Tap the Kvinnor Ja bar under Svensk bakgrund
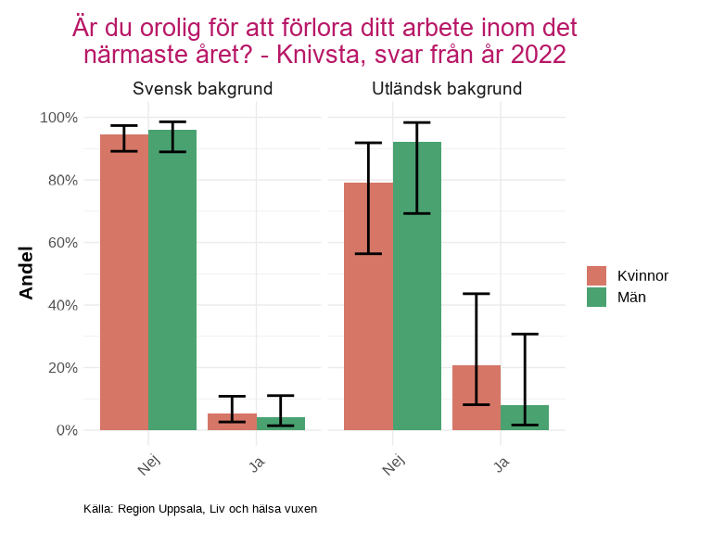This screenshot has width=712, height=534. [x=232, y=423]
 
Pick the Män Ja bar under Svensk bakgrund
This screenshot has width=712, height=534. [x=280, y=425]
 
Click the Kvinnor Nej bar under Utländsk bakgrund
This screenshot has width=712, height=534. [x=368, y=306]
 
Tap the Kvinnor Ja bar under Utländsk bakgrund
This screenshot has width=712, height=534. [x=477, y=398]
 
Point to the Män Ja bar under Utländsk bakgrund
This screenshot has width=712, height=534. [x=525, y=418]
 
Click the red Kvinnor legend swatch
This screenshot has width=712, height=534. [x=596, y=275]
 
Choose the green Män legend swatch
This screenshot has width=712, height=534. [x=596, y=297]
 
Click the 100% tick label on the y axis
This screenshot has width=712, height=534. [x=58, y=118]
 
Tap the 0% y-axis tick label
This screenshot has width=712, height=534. [x=66, y=430]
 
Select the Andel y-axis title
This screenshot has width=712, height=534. [x=26, y=273]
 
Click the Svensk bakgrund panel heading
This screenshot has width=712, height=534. [x=202, y=89]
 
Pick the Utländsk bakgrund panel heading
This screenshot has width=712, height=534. [x=447, y=89]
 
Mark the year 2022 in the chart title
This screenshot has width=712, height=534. [x=538, y=55]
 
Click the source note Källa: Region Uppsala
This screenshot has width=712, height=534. [x=200, y=509]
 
